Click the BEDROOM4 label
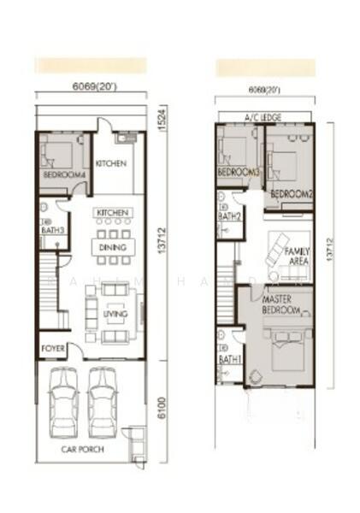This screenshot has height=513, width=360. (x=64, y=175)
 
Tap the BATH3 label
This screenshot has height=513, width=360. (x=50, y=228)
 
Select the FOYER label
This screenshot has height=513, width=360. (x=53, y=350)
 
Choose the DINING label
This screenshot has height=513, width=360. (x=112, y=248)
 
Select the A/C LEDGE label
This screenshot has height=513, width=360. (x=263, y=116)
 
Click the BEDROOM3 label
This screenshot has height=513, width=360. (x=239, y=173)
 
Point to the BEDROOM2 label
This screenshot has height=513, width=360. (x=292, y=194)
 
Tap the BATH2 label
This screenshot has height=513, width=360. (x=227, y=216)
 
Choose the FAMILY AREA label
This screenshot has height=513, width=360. (x=298, y=256)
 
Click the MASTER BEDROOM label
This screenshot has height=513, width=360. (x=281, y=306)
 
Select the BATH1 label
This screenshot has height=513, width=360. (x=228, y=360)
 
